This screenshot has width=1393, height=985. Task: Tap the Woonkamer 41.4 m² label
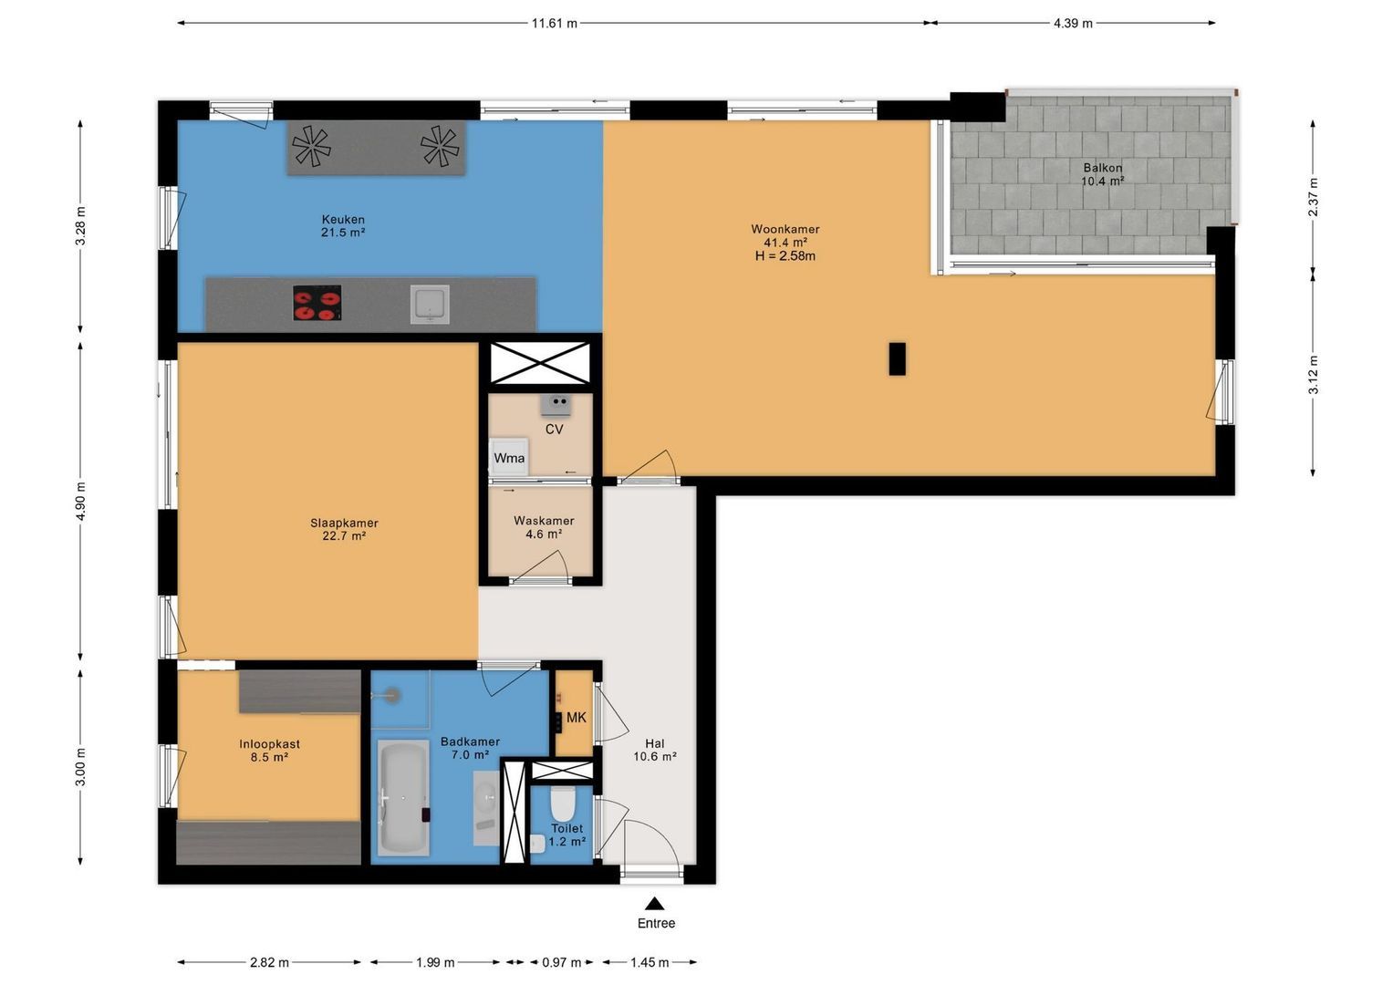[x=785, y=235]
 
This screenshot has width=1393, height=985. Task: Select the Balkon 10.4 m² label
[x=1103, y=174]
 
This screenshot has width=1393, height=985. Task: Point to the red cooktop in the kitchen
[x=317, y=303]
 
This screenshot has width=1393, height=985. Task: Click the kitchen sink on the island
[x=430, y=304]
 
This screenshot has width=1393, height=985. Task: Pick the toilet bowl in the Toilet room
[x=563, y=804]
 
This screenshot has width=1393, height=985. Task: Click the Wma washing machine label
[x=509, y=458]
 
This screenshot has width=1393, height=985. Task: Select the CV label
[x=554, y=429]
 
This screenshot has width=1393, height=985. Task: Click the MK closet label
[x=577, y=718]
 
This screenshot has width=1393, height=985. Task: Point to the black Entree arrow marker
[x=654, y=904]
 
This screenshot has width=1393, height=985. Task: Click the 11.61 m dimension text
[x=554, y=24]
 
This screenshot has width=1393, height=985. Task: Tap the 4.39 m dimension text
[x=1073, y=24]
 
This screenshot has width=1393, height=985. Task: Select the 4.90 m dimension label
[x=81, y=502]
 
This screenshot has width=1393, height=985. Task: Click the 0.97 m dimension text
[x=562, y=962]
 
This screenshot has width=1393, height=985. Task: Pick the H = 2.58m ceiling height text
[x=785, y=255]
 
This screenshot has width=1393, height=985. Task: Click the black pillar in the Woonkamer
[x=897, y=358]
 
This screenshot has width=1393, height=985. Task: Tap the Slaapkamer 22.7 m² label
[x=344, y=529]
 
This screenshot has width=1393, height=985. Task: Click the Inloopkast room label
[x=269, y=743]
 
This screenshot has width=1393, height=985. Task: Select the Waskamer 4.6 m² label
[x=544, y=527]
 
